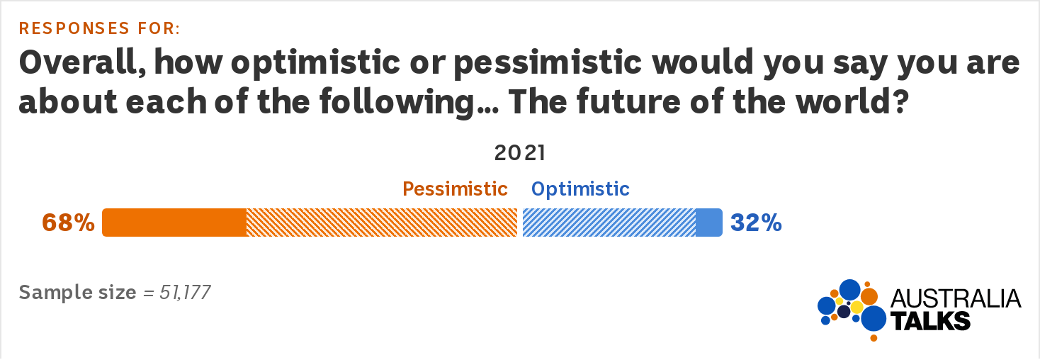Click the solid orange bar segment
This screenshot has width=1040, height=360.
174,223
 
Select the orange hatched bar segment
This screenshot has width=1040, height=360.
382,223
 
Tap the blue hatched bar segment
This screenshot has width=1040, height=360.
609,223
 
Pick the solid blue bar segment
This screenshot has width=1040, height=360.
709,223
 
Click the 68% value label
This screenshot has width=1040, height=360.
68,223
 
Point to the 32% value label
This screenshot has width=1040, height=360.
757,223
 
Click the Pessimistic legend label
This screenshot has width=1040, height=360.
455,189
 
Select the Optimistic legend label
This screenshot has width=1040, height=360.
580,189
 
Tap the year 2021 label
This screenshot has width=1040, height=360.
520,153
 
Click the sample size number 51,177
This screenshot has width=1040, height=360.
185,293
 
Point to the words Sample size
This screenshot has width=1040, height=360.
77,293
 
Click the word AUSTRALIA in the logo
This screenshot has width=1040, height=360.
956,298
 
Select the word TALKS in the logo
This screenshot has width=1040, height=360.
931,321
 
